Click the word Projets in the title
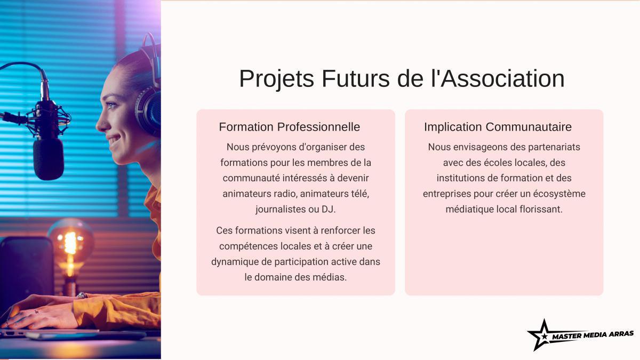pyautogui.click(x=277, y=79)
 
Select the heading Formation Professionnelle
pyautogui.click(x=290, y=127)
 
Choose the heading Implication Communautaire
pyautogui.click(x=498, y=127)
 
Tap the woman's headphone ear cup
pyautogui.click(x=148, y=111)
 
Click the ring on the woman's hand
pyautogui.click(x=82, y=295)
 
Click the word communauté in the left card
pyautogui.click(x=251, y=178)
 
